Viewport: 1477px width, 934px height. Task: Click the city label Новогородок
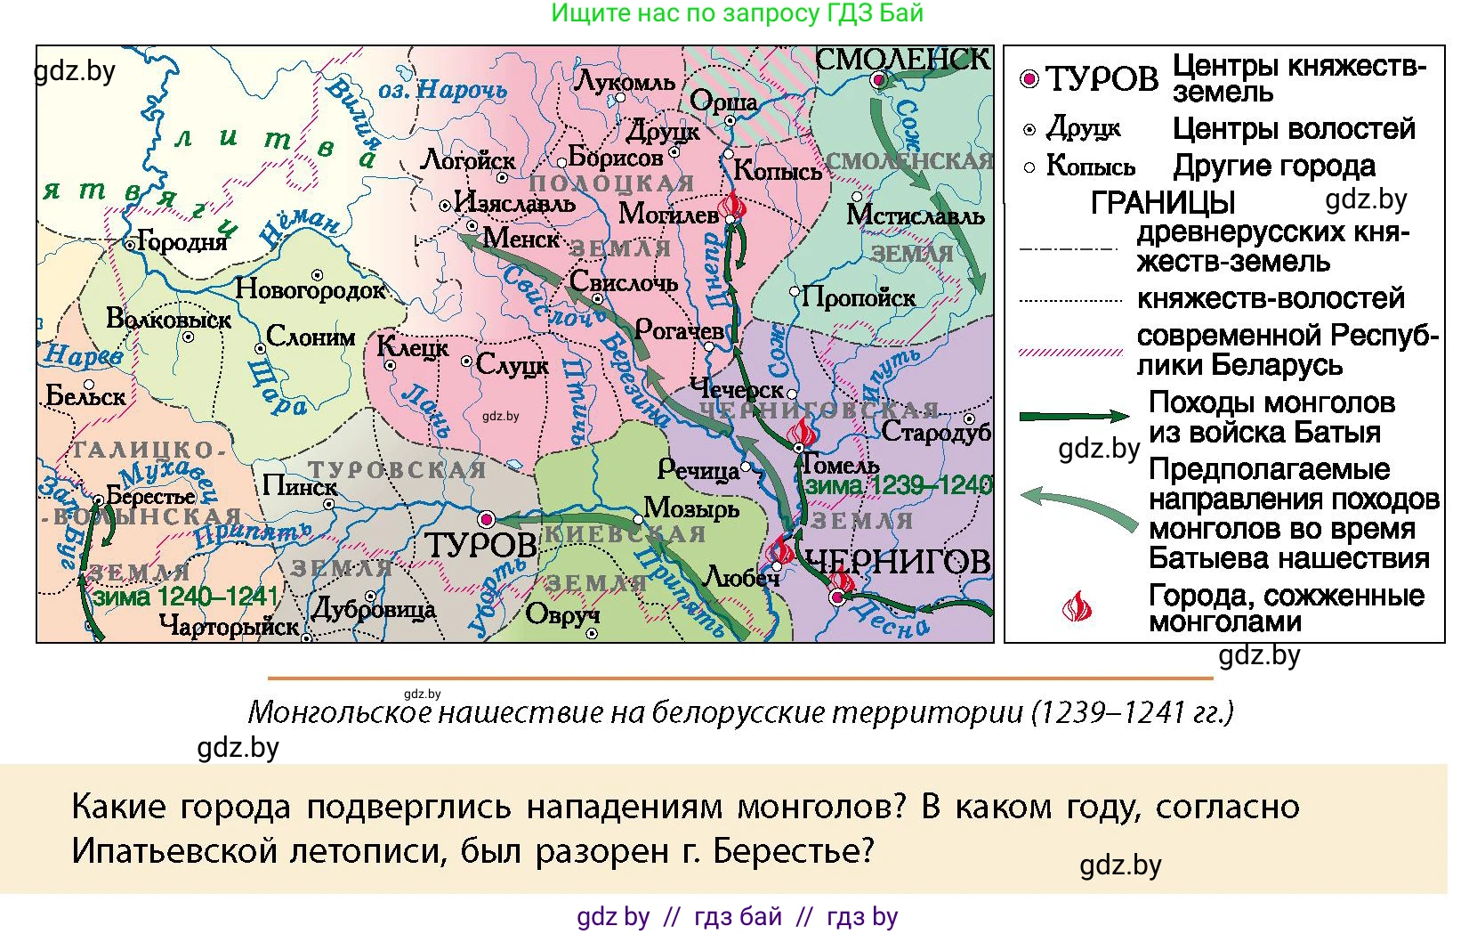click(311, 289)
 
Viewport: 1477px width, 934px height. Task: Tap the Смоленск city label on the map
click(902, 60)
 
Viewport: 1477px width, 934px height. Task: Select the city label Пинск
click(300, 486)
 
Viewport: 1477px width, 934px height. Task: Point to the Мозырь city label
click(691, 508)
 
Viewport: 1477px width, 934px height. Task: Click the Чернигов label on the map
click(897, 561)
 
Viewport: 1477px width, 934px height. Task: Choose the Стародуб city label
click(936, 433)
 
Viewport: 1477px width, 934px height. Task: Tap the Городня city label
click(182, 242)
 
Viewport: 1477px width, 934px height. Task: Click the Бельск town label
click(85, 395)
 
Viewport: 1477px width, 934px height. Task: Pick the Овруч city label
click(562, 614)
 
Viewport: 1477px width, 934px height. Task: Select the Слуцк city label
click(513, 364)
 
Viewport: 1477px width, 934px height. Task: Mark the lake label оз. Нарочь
click(442, 90)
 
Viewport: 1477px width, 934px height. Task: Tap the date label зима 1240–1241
click(186, 597)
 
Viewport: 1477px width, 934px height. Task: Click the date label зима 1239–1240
click(899, 486)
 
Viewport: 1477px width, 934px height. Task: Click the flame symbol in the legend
click(1077, 607)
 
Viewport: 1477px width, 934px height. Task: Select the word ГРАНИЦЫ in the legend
click(1162, 203)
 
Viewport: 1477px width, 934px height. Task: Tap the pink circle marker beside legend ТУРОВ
click(1029, 79)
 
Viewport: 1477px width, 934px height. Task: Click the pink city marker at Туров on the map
click(487, 519)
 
